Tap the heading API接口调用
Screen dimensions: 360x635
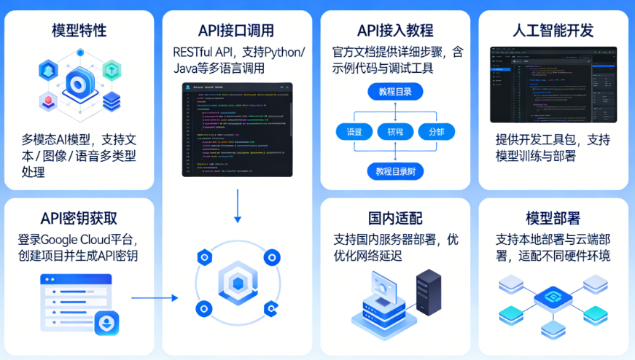tap(237, 31)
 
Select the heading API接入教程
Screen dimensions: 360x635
tap(395, 31)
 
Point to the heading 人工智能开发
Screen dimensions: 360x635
tap(553, 31)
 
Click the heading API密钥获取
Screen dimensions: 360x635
tap(79, 219)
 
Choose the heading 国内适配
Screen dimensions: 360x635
tap(395, 219)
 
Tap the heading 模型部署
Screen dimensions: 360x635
tap(553, 219)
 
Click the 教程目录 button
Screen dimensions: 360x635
tap(394, 92)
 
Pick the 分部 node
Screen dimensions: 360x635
tap(437, 132)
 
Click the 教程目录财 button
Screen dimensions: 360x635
tap(395, 172)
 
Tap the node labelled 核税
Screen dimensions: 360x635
tap(395, 132)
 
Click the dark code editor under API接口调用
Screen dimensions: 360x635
tap(237, 130)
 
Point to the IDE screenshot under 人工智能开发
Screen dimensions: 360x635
tap(553, 85)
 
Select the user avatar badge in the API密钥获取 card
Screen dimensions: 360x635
tap(106, 322)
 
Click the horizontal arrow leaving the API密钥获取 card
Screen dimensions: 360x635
tap(155, 297)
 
